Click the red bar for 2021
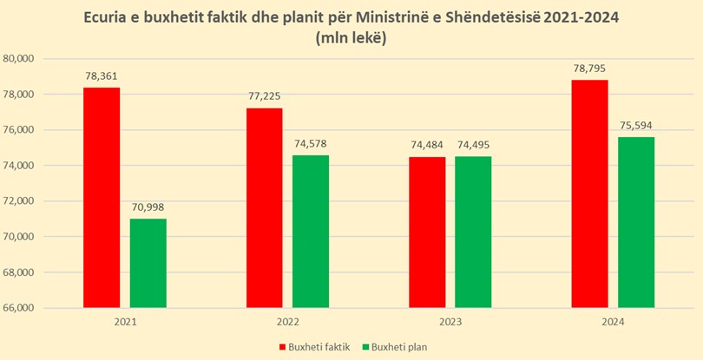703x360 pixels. [x=102, y=198]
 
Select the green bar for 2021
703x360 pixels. [x=148, y=263]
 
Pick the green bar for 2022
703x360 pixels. [x=311, y=232]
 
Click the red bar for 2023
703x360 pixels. [x=427, y=232]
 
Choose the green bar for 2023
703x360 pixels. [x=473, y=232]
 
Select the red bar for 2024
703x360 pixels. [x=590, y=193]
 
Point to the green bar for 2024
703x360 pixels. [x=636, y=222]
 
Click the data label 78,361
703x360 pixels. [x=102, y=76]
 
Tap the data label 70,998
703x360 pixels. [x=148, y=207]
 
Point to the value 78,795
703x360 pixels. [x=590, y=69]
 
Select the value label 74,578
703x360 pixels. [x=311, y=143]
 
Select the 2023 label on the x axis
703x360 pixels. [x=450, y=322]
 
